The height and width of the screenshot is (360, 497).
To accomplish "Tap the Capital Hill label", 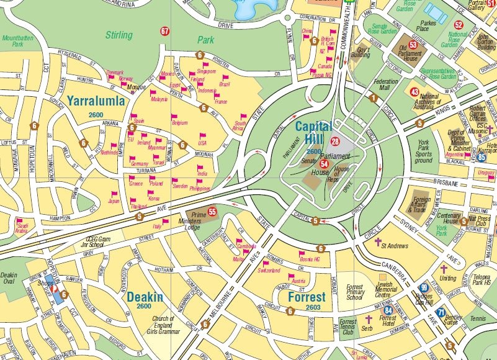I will (313, 132).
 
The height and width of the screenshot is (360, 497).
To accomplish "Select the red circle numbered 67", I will (164, 31).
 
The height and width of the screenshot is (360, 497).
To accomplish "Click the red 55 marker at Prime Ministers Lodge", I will (213, 212).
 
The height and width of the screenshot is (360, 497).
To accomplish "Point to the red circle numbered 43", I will (414, 92).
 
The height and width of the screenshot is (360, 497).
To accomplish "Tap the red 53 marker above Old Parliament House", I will (413, 45).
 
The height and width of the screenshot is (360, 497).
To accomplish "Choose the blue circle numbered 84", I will (388, 310).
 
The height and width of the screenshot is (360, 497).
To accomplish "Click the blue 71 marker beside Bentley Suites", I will (441, 313).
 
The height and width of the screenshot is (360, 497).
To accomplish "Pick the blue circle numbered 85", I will (481, 157).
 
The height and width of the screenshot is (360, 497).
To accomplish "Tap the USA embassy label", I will (202, 143).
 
